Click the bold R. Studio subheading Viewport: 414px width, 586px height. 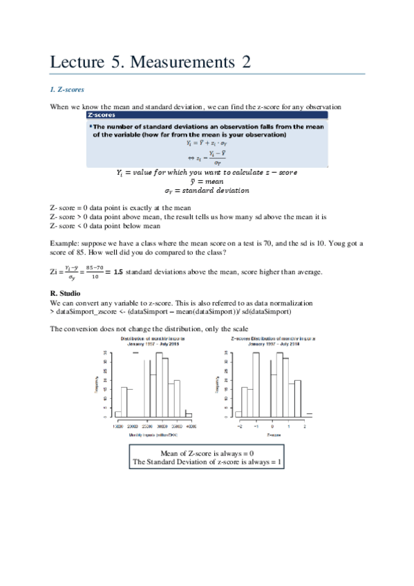tap(66, 294)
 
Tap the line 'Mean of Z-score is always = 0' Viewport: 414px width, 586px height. tap(207, 452)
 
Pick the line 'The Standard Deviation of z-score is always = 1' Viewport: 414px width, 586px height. tap(207, 461)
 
